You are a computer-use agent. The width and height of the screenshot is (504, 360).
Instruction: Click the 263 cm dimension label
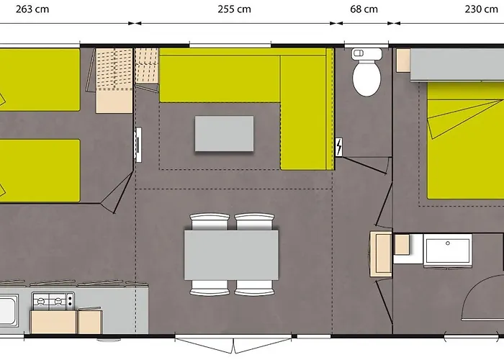click(32, 9)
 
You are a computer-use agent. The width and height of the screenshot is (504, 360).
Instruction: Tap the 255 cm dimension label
click(234, 9)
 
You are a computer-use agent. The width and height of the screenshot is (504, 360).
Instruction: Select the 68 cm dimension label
click(364, 9)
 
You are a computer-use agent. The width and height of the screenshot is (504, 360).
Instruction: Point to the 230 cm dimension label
click(481, 9)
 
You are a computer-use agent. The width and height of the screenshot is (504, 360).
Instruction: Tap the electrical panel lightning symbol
click(339, 147)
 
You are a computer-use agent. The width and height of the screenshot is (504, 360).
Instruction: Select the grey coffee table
click(224, 134)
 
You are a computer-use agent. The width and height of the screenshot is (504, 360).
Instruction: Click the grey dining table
click(231, 255)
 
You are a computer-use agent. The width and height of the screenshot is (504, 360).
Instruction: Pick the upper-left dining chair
click(210, 222)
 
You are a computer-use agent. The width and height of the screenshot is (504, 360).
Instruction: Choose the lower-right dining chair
click(254, 288)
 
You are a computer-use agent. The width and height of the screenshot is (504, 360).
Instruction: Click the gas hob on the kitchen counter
click(53, 301)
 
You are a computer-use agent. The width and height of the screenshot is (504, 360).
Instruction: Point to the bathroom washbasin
click(448, 250)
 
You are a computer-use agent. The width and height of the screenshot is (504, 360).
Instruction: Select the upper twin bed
click(40, 80)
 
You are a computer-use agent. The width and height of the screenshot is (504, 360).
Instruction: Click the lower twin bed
click(40, 171)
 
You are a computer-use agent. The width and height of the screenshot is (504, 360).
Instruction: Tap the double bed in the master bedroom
click(465, 140)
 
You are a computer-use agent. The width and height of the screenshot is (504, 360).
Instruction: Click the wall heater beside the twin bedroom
click(138, 145)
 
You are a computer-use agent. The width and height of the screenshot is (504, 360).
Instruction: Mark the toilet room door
click(365, 165)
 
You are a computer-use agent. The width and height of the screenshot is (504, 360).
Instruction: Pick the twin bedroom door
click(118, 192)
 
